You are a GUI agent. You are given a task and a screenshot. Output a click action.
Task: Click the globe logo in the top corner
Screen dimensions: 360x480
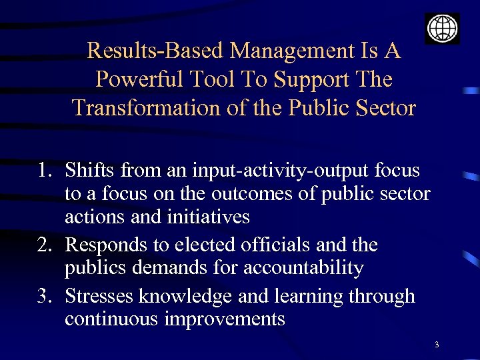coord(442,28)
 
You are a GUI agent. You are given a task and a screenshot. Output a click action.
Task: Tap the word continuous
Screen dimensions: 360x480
coord(111,319)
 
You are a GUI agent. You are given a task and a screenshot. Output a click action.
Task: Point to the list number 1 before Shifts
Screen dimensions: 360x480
coord(44,171)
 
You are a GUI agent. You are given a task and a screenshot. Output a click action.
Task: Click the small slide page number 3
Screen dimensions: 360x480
coord(436,345)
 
